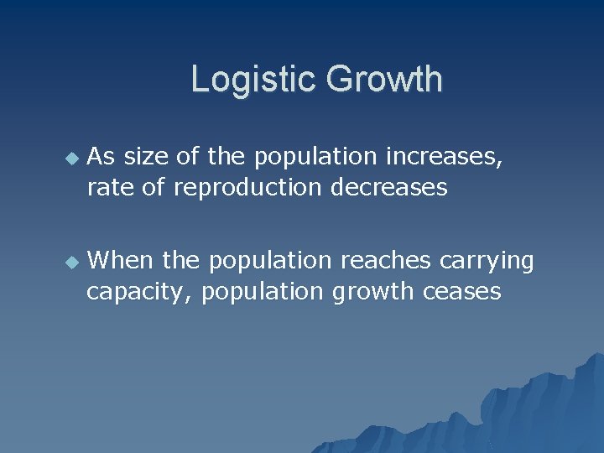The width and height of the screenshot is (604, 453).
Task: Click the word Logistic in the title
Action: click(x=253, y=80)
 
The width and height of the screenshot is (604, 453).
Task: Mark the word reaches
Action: click(x=385, y=261)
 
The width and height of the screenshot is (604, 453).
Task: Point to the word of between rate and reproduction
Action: click(x=154, y=187)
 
